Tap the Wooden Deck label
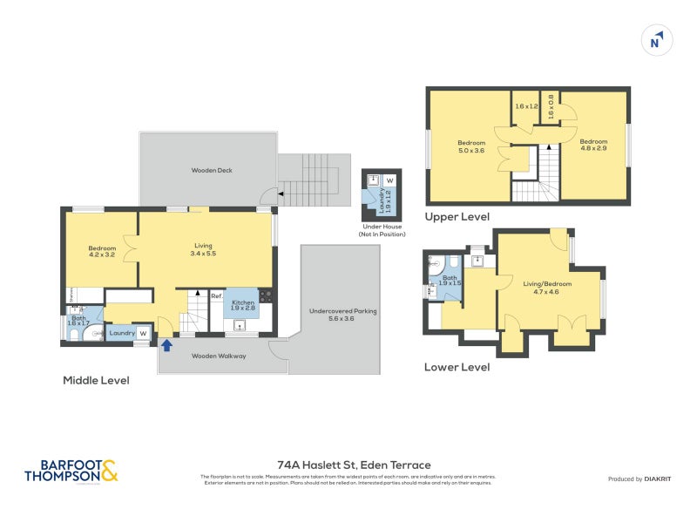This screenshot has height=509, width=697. pos(212,170)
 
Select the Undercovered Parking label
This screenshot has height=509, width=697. pos(342,315)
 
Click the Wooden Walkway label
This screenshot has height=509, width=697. pos(219,356)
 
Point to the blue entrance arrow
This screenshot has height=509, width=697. pos(166,345)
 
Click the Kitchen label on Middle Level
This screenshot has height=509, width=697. pos(243,305)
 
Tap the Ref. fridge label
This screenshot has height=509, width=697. pos(216,296)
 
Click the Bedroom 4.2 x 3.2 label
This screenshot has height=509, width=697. pos(102,252)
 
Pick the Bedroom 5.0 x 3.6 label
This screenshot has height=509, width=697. pos(470,146)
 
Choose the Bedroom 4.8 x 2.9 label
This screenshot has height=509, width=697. pos(593,146)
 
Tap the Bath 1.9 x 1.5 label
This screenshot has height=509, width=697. pos(450,280)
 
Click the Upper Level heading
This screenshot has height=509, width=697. pos(457,217)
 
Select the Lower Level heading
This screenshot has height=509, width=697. pos(457,367)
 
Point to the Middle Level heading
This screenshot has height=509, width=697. pos(96,381)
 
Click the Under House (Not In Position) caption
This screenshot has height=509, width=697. pos(382,231)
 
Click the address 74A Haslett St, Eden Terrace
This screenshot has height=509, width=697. pos(354,465)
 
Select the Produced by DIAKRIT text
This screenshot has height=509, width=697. pos(644,479)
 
